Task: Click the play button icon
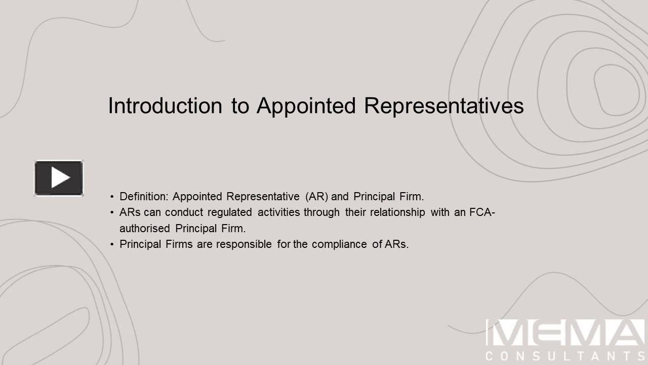coord(59,178)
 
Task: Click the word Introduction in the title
coord(165,106)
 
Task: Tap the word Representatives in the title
coord(443,106)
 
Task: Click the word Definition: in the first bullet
coord(143,197)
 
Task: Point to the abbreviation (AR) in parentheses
coord(317,197)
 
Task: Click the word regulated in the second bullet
coord(229,212)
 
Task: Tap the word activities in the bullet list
coord(278,212)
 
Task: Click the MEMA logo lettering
coord(564,333)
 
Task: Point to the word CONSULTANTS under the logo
coord(564,356)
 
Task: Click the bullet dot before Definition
coord(112,197)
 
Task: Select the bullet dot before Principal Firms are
coord(112,244)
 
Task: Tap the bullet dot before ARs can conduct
coord(112,212)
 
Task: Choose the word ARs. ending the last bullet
coord(396,244)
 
